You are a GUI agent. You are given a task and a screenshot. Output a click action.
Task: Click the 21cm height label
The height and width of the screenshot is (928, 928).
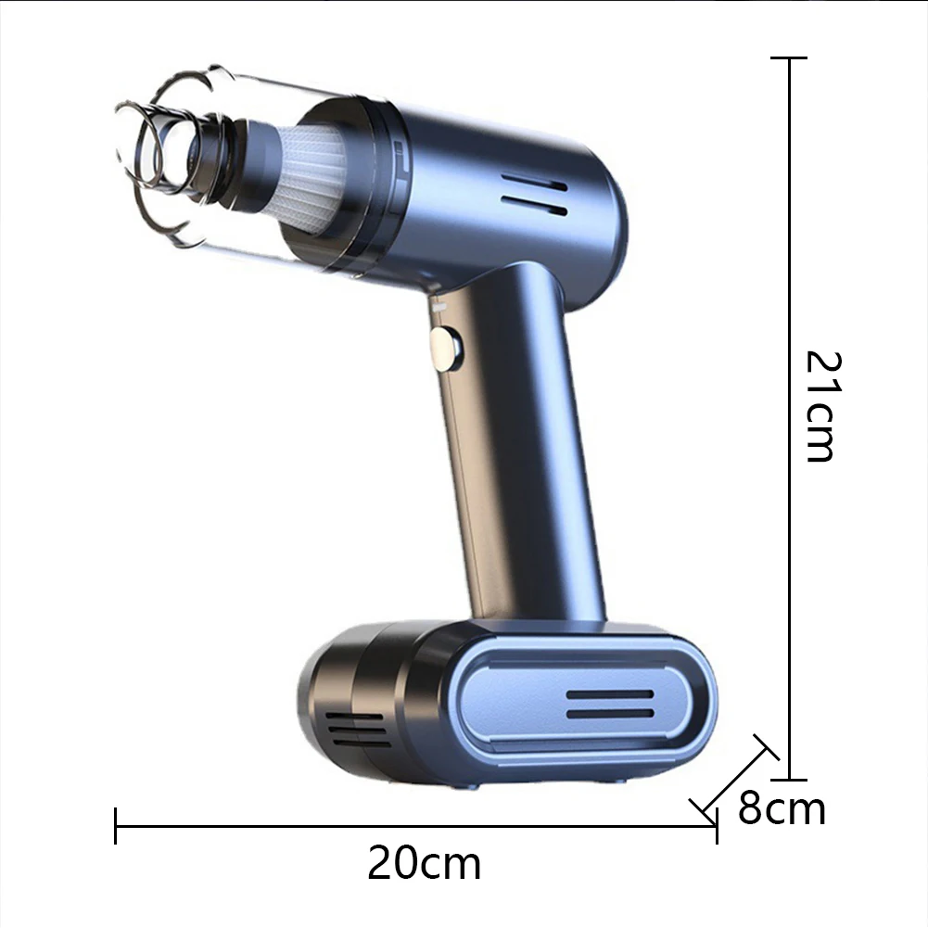click(x=820, y=405)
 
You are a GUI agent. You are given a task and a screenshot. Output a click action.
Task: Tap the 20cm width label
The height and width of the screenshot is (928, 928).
click(x=425, y=864)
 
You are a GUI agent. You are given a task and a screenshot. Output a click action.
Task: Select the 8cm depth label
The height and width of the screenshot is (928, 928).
click(x=782, y=808)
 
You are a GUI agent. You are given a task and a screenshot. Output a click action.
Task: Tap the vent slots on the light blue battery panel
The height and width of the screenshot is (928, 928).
click(x=610, y=705)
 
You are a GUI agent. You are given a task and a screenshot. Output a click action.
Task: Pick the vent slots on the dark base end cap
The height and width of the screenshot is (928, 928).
click(x=358, y=731)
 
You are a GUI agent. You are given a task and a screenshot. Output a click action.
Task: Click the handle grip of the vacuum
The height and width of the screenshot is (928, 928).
click(x=524, y=445)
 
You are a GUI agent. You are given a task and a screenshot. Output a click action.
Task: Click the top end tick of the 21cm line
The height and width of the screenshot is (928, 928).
click(x=789, y=58)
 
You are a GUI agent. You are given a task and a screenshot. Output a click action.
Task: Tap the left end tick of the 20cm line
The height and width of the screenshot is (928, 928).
click(x=116, y=825)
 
